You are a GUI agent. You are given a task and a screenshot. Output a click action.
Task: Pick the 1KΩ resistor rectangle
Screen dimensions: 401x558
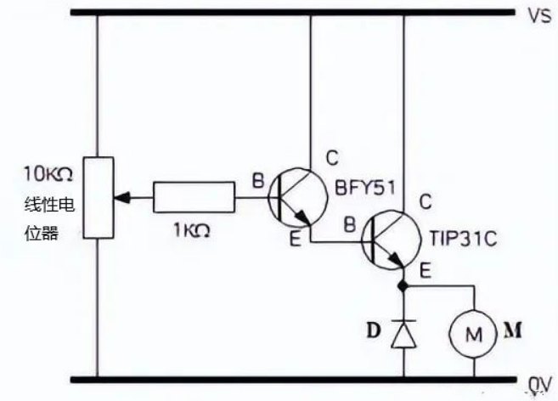click(x=194, y=197)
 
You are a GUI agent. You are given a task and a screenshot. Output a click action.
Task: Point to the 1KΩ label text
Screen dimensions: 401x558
click(x=193, y=229)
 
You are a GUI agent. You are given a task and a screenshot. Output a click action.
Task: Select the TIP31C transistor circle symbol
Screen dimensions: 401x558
click(x=391, y=241)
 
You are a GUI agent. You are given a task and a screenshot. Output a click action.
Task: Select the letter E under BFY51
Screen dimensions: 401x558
click(x=294, y=240)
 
